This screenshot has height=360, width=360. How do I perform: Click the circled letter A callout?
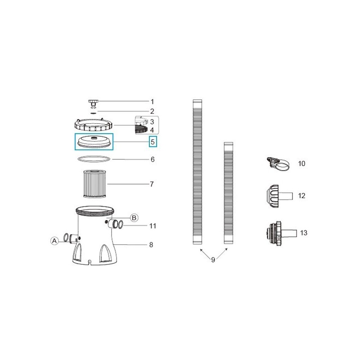coord(54,241)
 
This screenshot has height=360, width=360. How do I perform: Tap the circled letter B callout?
coord(134,218)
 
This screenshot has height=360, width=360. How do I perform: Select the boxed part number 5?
coord(153,142)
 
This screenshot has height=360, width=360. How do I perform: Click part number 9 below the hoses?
coord(213,260)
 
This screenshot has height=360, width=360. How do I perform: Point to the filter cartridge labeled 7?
coord(94,184)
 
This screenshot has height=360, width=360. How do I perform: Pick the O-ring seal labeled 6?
coord(94,159)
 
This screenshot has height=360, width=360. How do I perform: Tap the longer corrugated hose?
coord(196,171)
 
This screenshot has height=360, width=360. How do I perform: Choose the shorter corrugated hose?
coord(229,193)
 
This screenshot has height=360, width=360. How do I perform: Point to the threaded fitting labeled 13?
coord(274,233)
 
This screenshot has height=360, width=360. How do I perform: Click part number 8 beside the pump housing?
coord(151,245)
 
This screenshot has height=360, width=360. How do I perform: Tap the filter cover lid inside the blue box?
coord(94,140)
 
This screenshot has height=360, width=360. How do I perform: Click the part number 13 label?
coord(304,233)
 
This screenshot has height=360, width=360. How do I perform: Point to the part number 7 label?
coord(152,184)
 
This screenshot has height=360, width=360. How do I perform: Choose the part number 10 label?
coord(301,163)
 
